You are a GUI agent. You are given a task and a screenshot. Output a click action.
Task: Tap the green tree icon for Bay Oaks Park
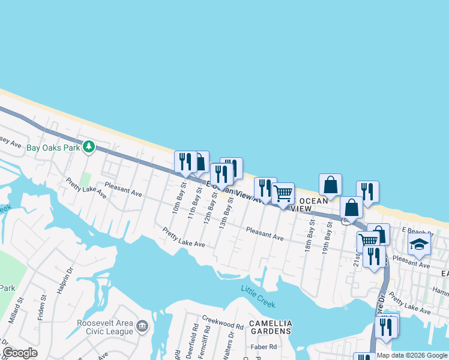point(89,146)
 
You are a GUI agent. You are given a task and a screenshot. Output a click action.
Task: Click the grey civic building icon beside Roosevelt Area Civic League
point(142,326)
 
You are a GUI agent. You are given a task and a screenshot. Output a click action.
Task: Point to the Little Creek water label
point(258,296)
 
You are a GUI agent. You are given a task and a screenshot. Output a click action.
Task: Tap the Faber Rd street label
point(265,347)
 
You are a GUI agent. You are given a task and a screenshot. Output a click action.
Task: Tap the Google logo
point(20,353)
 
